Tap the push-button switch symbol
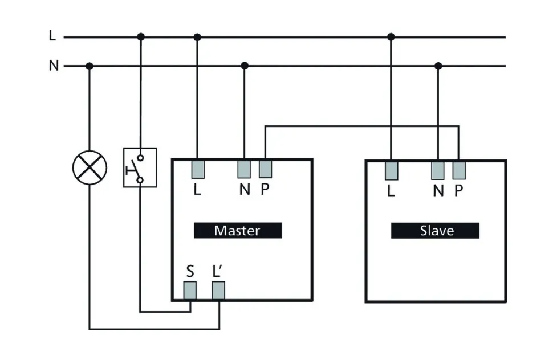tap(140, 167)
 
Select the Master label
tap(237, 230)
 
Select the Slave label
tap(435, 230)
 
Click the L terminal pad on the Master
tap(197, 169)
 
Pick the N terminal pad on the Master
tap(244, 169)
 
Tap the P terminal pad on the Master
tap(265, 169)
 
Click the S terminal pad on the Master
tap(190, 291)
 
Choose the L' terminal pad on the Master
tap(218, 291)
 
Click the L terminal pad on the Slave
tap(391, 170)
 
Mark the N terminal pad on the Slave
tap(438, 170)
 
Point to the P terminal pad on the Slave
tap(459, 170)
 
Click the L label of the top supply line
tap(52, 36)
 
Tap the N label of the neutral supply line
tap(54, 66)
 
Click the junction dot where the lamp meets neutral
tap(89, 66)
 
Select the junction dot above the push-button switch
tap(141, 37)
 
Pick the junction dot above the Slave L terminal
tap(391, 37)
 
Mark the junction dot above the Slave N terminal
tap(438, 66)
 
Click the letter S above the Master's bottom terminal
tap(190, 271)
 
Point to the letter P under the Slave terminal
tap(458, 190)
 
